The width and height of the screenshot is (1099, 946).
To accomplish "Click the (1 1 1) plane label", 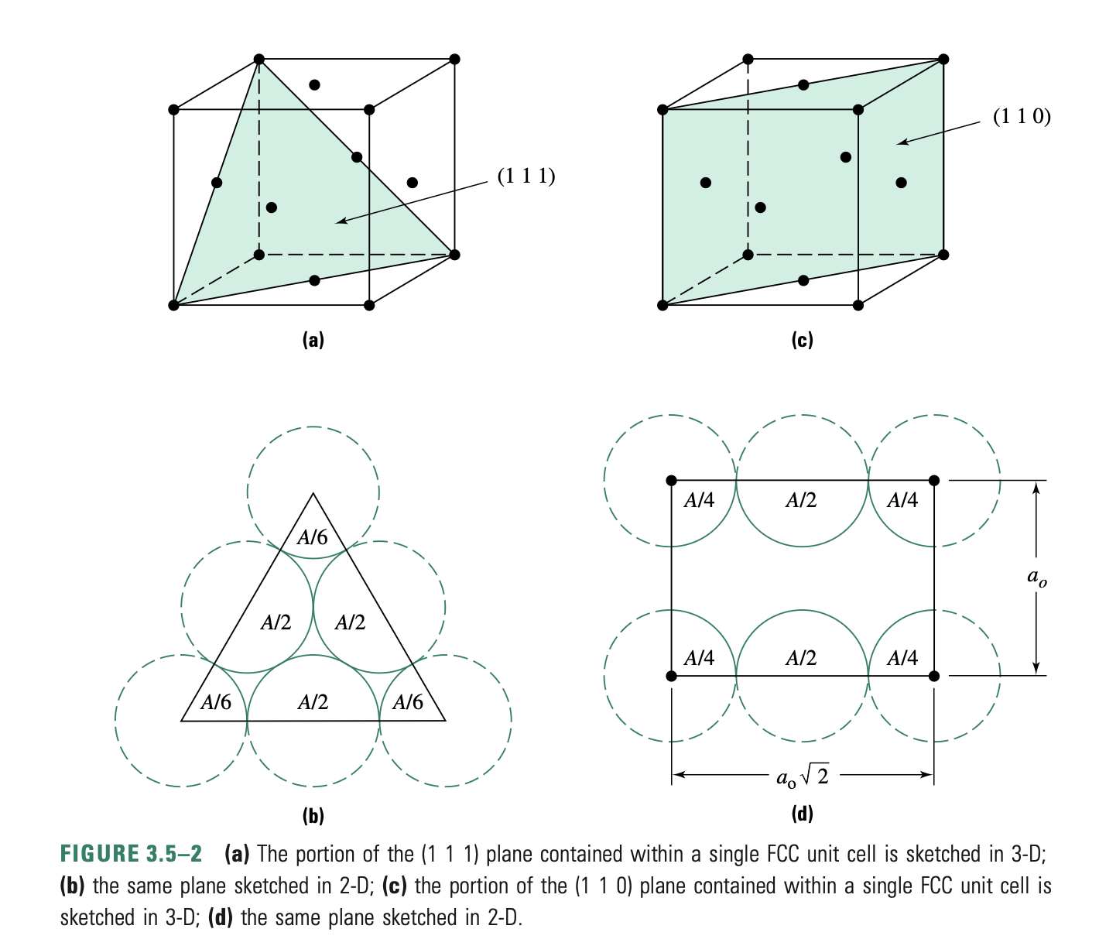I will pos(526,177).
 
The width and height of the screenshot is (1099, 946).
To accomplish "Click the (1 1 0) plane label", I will pos(1022,116).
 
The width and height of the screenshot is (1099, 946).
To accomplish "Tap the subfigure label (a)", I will pos(313,339).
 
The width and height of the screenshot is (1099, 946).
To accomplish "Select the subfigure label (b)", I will pos(313,815).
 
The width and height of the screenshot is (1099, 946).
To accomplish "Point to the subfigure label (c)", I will pos(802,339).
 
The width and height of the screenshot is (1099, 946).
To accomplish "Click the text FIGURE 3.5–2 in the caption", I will pos(131,854).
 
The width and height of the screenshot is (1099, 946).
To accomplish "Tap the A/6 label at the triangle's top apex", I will pos(313,537).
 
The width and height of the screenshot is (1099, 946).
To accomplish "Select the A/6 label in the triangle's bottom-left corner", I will pos(216,702).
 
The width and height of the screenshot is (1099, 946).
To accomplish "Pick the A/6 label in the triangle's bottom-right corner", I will pos(408,702).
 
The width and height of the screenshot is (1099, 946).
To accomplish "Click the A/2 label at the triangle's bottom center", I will pos(313,702).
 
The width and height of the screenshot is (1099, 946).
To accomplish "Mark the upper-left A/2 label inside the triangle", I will pos(276,622).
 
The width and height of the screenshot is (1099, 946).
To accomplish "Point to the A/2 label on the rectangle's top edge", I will pos(801,501).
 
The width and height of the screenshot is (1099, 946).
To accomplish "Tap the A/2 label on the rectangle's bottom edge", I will pos(801,658).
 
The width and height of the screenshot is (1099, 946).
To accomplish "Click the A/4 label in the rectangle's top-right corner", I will pos(902,501).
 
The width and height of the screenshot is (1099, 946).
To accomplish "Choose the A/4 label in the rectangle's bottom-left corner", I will pos(699,658).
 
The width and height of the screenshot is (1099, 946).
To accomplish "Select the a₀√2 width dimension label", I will pos(802,776).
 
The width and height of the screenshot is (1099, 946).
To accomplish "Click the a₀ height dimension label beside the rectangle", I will pos(1036,577).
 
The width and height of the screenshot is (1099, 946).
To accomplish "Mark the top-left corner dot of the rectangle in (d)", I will pos(671,481).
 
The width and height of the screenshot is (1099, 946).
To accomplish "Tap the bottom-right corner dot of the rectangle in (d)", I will pos(934,676).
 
